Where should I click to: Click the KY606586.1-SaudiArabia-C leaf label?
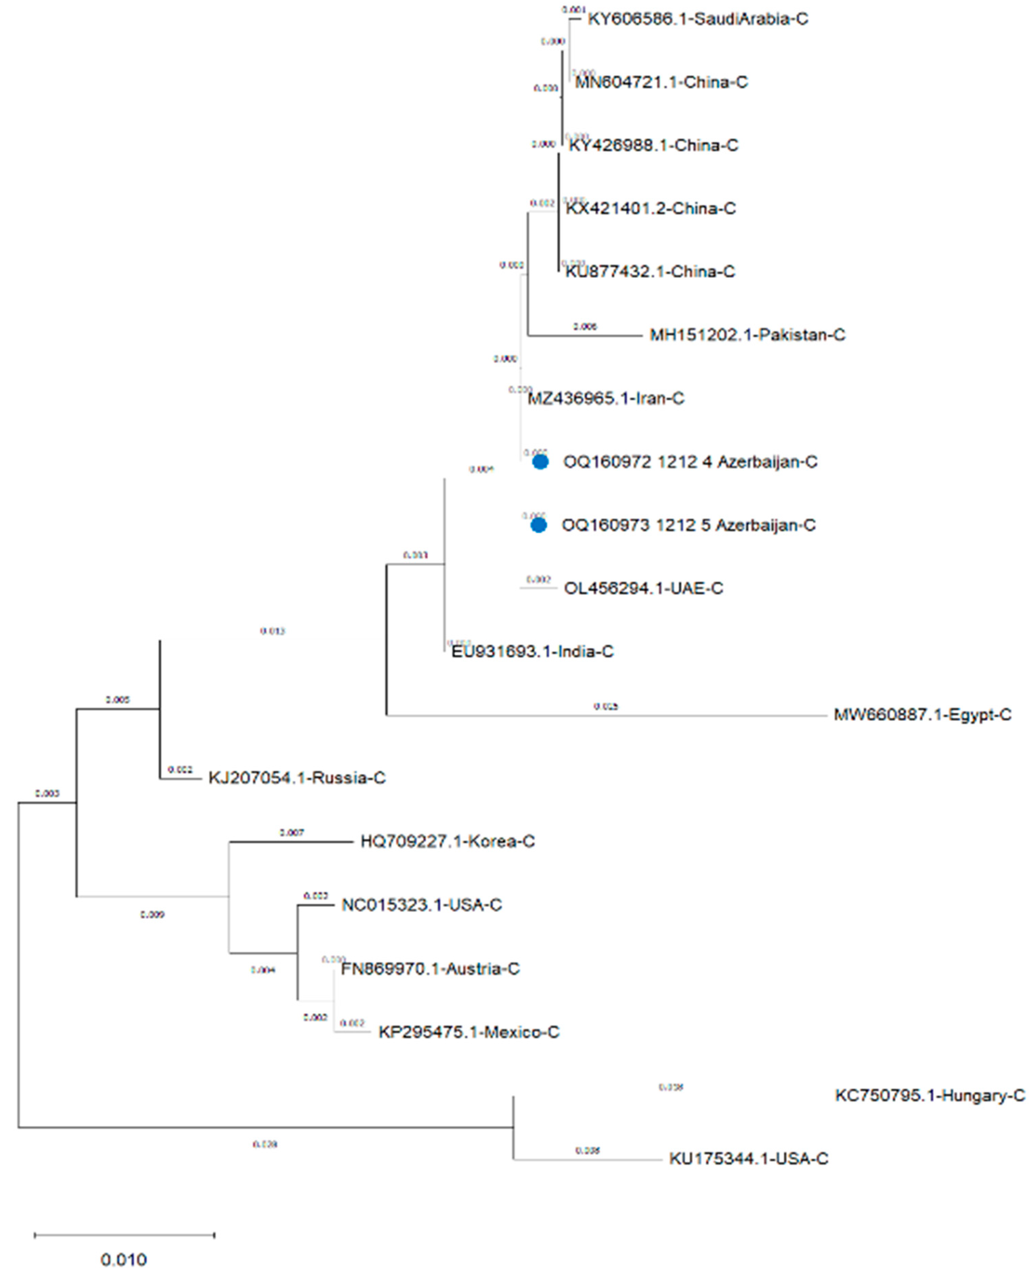[697, 19]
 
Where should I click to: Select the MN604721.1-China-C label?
[661, 82]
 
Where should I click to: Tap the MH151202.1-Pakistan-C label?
[747, 335]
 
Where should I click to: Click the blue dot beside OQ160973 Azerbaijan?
[538, 525]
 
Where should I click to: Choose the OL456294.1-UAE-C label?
[643, 588]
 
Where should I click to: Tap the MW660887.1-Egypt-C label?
[922, 715]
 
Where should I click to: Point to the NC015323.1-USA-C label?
[422, 905]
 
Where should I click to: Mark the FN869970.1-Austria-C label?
[430, 969]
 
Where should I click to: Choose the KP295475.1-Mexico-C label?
[469, 1032]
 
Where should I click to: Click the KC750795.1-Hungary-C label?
[930, 1096]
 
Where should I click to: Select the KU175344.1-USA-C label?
[748, 1159]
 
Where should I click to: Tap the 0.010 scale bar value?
[123, 1260]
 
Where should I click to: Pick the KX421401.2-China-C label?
[650, 209]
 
